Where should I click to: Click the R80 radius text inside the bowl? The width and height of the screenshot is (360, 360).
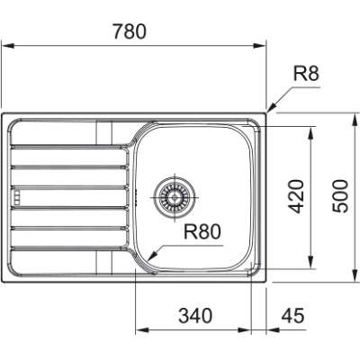click(x=202, y=232)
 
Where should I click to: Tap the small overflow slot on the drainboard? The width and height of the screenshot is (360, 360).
click(x=15, y=193)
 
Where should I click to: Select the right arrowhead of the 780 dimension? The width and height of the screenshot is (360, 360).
click(x=266, y=41)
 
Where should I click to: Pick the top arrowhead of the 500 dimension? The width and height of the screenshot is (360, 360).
click(x=350, y=113)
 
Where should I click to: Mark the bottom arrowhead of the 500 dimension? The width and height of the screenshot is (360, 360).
click(x=350, y=281)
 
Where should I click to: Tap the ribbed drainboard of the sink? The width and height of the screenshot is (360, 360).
click(x=67, y=193)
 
